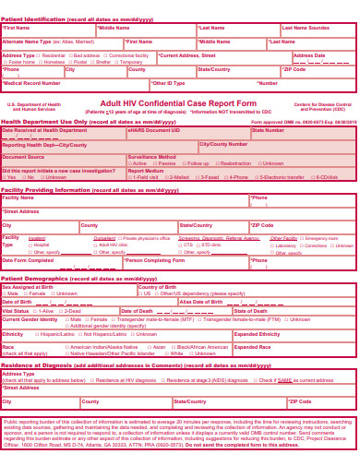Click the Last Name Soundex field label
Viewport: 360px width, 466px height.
pyautogui.click(x=306, y=28)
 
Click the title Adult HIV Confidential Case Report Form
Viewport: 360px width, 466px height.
pyautogui.click(x=178, y=103)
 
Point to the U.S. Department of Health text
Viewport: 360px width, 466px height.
pyautogui.click(x=33, y=105)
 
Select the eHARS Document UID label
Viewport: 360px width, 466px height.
pyautogui.click(x=153, y=130)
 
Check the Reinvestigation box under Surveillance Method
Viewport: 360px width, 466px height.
pyautogui.click(x=222, y=163)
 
